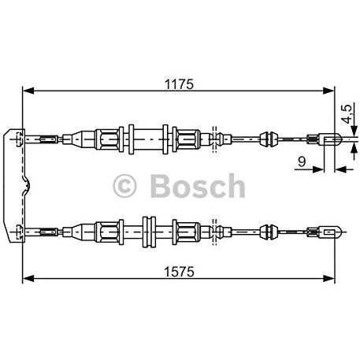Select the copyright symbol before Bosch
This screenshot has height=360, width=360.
127,187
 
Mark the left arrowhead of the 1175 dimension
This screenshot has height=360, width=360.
26,91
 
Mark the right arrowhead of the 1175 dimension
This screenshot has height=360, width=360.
332,91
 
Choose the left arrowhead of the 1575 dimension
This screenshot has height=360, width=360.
26,277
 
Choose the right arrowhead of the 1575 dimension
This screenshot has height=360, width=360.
332,277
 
